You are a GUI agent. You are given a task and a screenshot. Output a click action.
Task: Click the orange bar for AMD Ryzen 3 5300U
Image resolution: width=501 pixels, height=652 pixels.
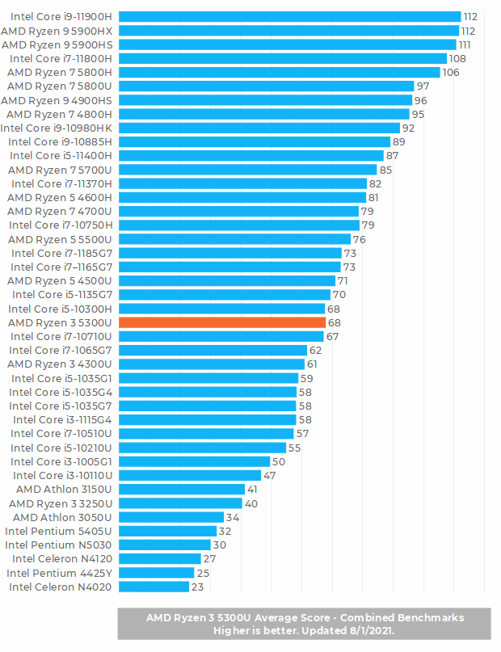(222, 322)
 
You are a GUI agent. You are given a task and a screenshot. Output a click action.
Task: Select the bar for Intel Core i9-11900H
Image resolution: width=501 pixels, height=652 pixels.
(289, 16)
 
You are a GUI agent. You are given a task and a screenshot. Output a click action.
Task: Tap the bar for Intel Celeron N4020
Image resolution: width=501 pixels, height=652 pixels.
(154, 587)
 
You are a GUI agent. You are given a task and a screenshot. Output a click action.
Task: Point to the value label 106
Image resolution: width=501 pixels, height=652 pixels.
(451, 73)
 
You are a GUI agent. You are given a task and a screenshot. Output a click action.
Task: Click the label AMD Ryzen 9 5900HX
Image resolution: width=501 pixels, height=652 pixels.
(57, 31)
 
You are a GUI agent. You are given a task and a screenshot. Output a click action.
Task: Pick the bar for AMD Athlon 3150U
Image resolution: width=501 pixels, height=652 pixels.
(182, 489)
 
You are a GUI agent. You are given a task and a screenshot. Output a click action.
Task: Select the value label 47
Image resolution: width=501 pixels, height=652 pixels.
(270, 475)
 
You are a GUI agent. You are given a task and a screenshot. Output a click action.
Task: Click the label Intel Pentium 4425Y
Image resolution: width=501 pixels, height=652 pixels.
(60, 573)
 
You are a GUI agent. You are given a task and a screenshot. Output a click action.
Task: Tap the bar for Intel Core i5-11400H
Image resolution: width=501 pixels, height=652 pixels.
(251, 155)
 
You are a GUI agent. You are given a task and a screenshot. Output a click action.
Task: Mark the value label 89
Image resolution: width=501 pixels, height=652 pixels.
(398, 141)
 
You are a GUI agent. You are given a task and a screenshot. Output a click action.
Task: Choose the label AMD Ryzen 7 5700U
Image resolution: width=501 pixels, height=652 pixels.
(60, 170)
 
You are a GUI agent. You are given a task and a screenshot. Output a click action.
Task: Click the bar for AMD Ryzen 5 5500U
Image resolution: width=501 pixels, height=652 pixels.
(234, 239)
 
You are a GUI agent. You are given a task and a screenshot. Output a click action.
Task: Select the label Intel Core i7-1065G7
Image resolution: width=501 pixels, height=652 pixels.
(61, 351)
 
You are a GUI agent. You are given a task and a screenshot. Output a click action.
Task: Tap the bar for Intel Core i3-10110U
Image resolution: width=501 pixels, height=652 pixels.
(190, 475)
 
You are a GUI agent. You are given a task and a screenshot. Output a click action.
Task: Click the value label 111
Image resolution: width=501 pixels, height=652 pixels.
(466, 44)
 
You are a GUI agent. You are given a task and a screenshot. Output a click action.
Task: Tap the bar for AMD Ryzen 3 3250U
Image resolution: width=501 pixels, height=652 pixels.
(180, 503)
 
